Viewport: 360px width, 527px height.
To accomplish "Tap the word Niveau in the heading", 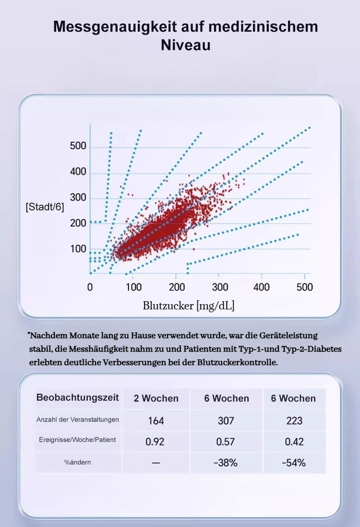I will [186, 46].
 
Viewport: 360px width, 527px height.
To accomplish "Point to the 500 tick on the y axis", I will [78, 146].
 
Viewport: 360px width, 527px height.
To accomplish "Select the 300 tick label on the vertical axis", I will [78, 197].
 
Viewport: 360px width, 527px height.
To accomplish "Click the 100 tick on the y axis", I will [78, 249].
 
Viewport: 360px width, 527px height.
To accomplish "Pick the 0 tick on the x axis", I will [90, 287].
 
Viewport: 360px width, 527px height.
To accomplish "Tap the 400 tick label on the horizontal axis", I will [262, 287].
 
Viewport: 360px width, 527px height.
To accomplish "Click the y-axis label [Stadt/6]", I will [45, 208].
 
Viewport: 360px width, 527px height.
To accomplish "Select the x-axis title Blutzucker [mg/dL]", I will [189, 306].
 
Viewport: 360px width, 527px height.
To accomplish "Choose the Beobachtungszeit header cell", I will [78, 398].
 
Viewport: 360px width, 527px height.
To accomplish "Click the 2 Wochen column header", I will [156, 398].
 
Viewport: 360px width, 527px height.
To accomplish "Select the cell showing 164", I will [156, 421].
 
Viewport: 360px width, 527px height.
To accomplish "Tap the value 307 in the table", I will [226, 421].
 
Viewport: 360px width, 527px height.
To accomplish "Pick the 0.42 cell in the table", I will [294, 441].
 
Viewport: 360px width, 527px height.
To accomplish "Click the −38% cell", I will [226, 463].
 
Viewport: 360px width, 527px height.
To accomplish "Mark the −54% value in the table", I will [294, 463].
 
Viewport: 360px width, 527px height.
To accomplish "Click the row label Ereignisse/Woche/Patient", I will [78, 440].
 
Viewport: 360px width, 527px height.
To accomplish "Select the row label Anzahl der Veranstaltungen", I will [78, 419].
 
